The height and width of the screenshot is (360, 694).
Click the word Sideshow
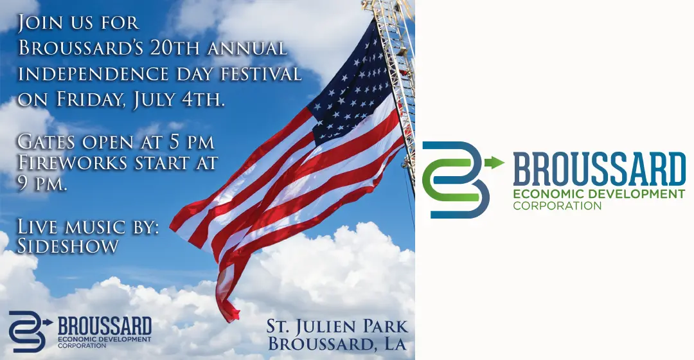coord(67,246)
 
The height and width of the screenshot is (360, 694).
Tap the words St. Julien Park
coord(337,327)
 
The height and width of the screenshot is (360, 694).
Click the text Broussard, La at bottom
coord(337,344)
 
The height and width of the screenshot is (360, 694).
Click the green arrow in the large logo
coord(494,163)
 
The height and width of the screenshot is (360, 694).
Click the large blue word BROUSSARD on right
coord(600,168)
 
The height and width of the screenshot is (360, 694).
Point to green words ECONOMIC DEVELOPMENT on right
coord(599,194)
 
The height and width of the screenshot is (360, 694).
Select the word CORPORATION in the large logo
coord(557,206)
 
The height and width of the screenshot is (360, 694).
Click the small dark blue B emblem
coord(27,332)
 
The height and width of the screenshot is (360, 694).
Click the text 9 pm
coord(42,184)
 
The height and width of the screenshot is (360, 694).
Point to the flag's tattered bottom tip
coord(231,315)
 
